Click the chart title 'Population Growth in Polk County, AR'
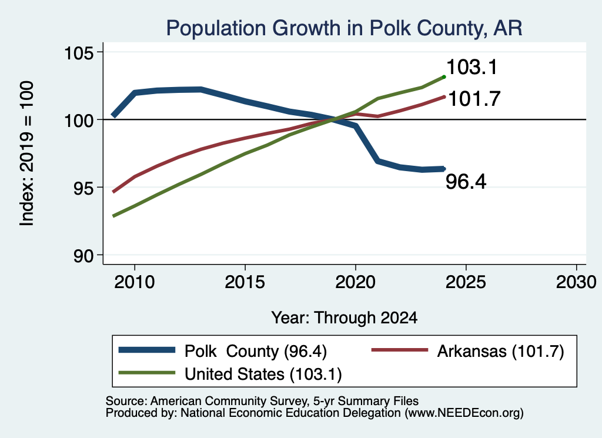(x=344, y=28)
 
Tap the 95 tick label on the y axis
(x=83, y=188)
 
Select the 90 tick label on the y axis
(x=83, y=256)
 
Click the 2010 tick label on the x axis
(x=135, y=282)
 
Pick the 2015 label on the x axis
(x=245, y=282)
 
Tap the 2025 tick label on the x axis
(x=466, y=282)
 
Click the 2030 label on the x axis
(x=576, y=282)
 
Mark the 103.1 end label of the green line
(x=472, y=67)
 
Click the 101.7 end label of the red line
(x=474, y=99)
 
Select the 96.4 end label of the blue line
(x=466, y=181)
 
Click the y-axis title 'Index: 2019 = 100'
(x=27, y=153)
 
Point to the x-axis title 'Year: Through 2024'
(x=345, y=318)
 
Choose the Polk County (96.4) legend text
(x=256, y=351)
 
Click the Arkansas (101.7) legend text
(x=501, y=351)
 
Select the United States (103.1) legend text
(x=263, y=375)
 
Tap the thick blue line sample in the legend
(x=147, y=350)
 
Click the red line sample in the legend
(x=400, y=350)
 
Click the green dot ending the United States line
(x=444, y=77)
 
